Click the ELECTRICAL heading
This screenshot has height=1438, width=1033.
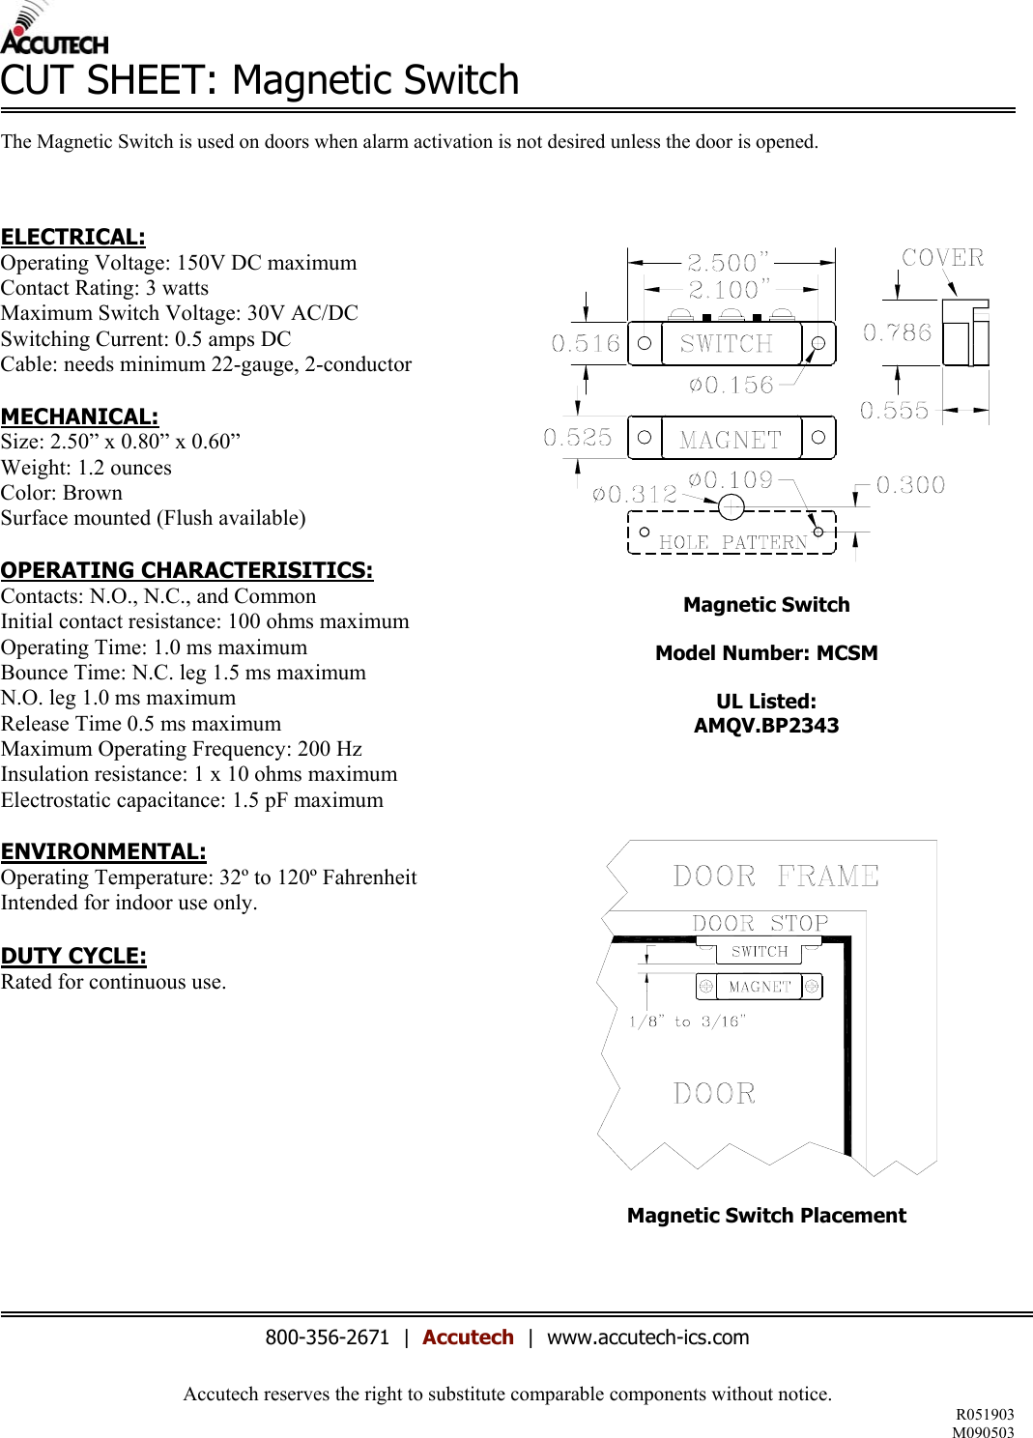pyautogui.click(x=73, y=237)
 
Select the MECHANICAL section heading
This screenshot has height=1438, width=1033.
pyautogui.click(x=79, y=417)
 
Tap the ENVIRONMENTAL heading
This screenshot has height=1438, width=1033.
pyautogui.click(x=103, y=851)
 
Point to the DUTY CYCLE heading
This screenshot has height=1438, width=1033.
pyautogui.click(x=73, y=956)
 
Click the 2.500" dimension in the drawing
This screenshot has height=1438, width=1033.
pyautogui.click(x=728, y=263)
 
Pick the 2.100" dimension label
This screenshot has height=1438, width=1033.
pyautogui.click(x=729, y=289)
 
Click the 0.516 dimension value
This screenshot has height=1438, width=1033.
pyautogui.click(x=586, y=344)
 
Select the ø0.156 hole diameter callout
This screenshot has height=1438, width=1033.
pyautogui.click(x=732, y=386)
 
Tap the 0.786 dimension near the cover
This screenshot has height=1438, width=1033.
pyautogui.click(x=897, y=333)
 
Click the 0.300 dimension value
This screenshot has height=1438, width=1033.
pyautogui.click(x=910, y=485)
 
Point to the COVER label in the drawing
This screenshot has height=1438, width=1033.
pyautogui.click(x=942, y=258)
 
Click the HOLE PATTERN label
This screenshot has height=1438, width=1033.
pyautogui.click(x=732, y=542)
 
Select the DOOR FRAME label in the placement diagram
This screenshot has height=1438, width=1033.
pyautogui.click(x=776, y=877)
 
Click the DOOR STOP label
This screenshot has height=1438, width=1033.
pyautogui.click(x=760, y=924)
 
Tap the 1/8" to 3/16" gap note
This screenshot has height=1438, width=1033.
pyautogui.click(x=687, y=1021)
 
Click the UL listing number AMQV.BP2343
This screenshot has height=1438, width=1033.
pyautogui.click(x=766, y=726)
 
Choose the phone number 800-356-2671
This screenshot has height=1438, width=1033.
pyautogui.click(x=327, y=1337)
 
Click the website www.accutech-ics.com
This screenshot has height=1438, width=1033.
pyautogui.click(x=647, y=1337)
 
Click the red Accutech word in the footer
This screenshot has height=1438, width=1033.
pyautogui.click(x=468, y=1337)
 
